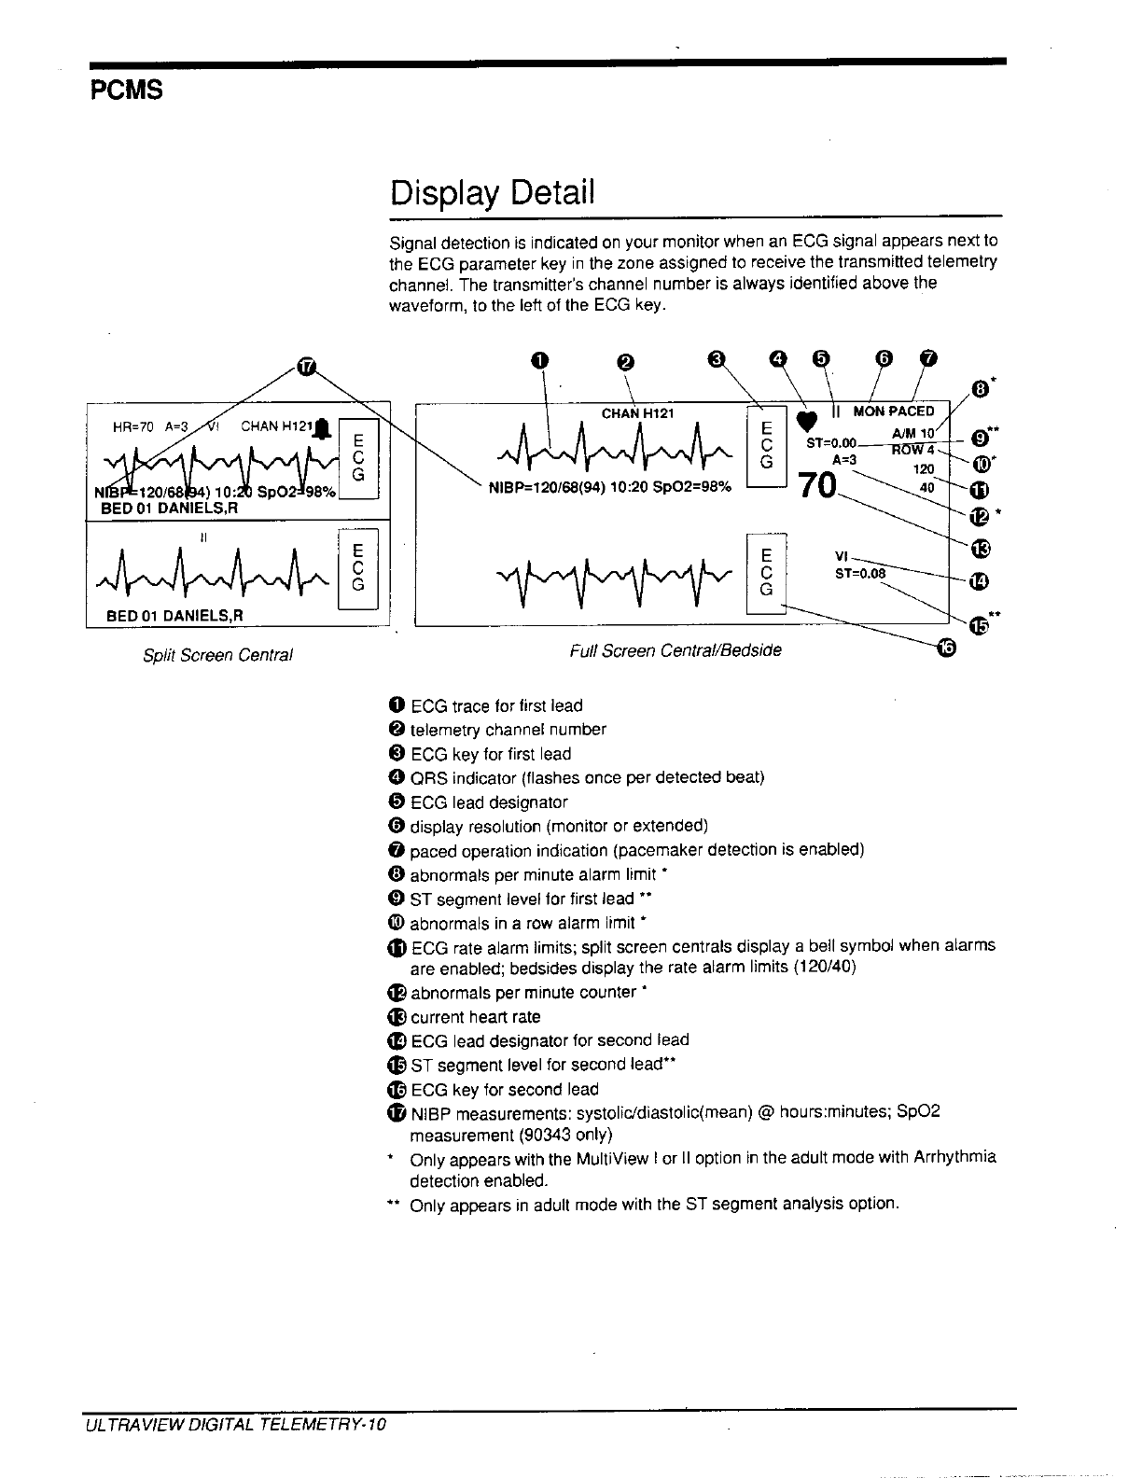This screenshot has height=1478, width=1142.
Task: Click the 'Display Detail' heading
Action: tap(492, 193)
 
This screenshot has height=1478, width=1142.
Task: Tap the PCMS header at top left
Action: tap(127, 91)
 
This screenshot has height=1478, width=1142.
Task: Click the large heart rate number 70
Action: tap(815, 486)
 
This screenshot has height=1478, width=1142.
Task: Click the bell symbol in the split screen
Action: tap(322, 429)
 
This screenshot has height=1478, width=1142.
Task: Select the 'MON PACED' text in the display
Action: tap(894, 411)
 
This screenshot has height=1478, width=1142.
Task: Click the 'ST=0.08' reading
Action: tap(860, 574)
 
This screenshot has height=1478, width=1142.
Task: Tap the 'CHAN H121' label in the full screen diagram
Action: tap(638, 413)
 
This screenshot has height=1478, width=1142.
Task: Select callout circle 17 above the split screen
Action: tap(306, 367)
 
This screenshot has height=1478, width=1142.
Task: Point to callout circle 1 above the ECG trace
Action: tap(538, 360)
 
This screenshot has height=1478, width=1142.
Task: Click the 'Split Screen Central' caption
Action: tap(217, 655)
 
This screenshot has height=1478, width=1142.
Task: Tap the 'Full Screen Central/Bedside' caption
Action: tap(675, 649)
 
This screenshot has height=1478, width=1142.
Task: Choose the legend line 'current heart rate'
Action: tap(475, 1017)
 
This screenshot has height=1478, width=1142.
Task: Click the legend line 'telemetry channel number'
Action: tap(508, 730)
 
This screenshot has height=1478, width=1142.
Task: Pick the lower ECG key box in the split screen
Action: tap(359, 566)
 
